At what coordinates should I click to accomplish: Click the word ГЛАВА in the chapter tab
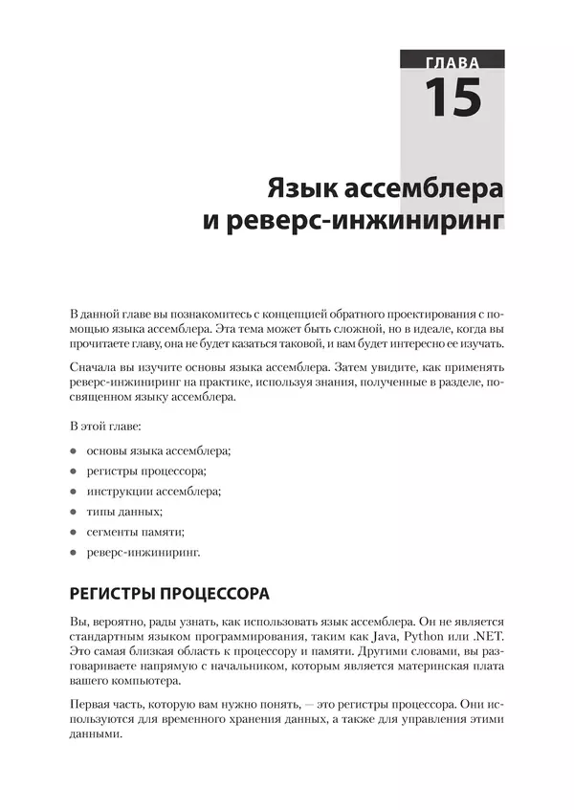[x=453, y=65]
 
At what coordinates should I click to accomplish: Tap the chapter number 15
[x=453, y=98]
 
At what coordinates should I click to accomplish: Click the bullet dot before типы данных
[x=75, y=513]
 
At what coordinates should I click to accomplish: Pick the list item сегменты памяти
[x=136, y=533]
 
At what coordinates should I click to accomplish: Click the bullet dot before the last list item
[x=75, y=554]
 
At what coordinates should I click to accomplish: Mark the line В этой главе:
[x=106, y=424]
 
